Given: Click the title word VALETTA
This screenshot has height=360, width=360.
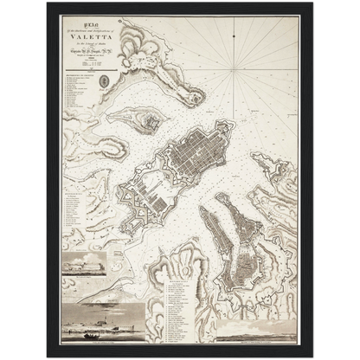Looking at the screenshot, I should (85, 37).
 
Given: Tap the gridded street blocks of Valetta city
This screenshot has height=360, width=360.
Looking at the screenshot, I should (201, 154).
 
